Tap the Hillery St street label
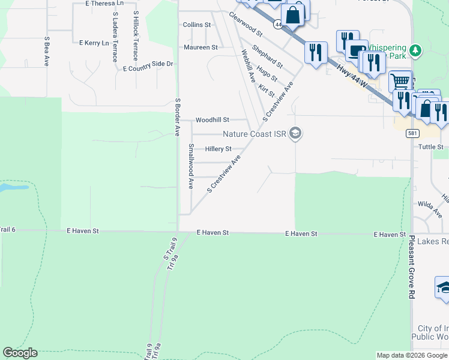click(x=218, y=149)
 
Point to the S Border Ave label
click(x=177, y=117)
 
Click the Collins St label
click(x=197, y=25)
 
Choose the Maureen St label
click(x=200, y=47)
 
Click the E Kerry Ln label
click(x=94, y=43)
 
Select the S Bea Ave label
click(x=46, y=51)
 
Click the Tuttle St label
click(x=430, y=147)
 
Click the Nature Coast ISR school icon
click(x=295, y=134)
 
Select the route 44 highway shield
click(x=277, y=24)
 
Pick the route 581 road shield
click(x=412, y=133)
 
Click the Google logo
click(x=20, y=353)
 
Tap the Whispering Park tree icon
click(x=416, y=49)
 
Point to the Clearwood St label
click(x=246, y=22)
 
